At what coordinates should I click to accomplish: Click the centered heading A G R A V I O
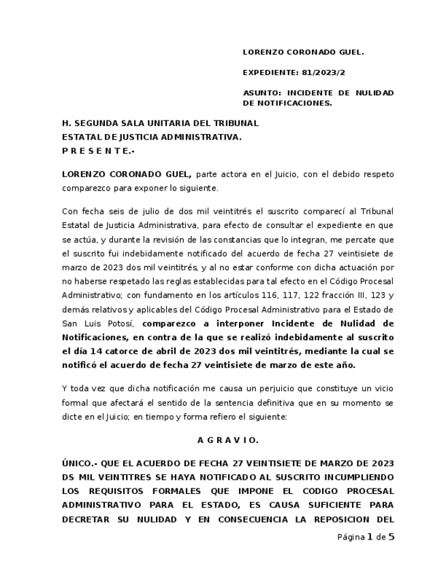(227, 440)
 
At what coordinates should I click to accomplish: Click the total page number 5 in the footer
(392, 537)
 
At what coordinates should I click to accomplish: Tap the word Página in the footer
(351, 538)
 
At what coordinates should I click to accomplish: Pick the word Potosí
(120, 323)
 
